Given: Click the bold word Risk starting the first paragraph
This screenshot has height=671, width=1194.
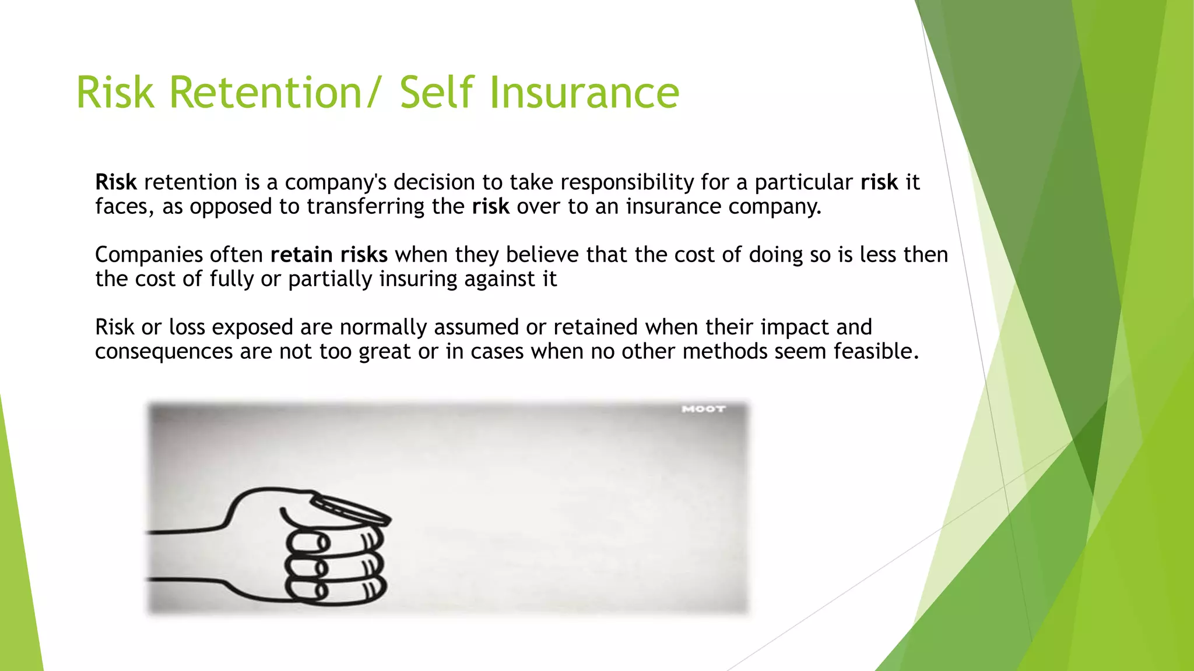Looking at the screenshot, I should (116, 182).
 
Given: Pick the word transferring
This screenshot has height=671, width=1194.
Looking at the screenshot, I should (366, 207).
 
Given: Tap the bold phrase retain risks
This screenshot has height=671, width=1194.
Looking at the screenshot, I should (329, 255).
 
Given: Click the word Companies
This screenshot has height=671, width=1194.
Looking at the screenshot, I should (149, 255).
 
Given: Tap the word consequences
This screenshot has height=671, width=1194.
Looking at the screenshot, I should (164, 352).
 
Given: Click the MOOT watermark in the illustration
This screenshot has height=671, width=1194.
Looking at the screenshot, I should (704, 409).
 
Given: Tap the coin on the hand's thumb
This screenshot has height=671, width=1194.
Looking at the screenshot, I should (350, 510).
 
